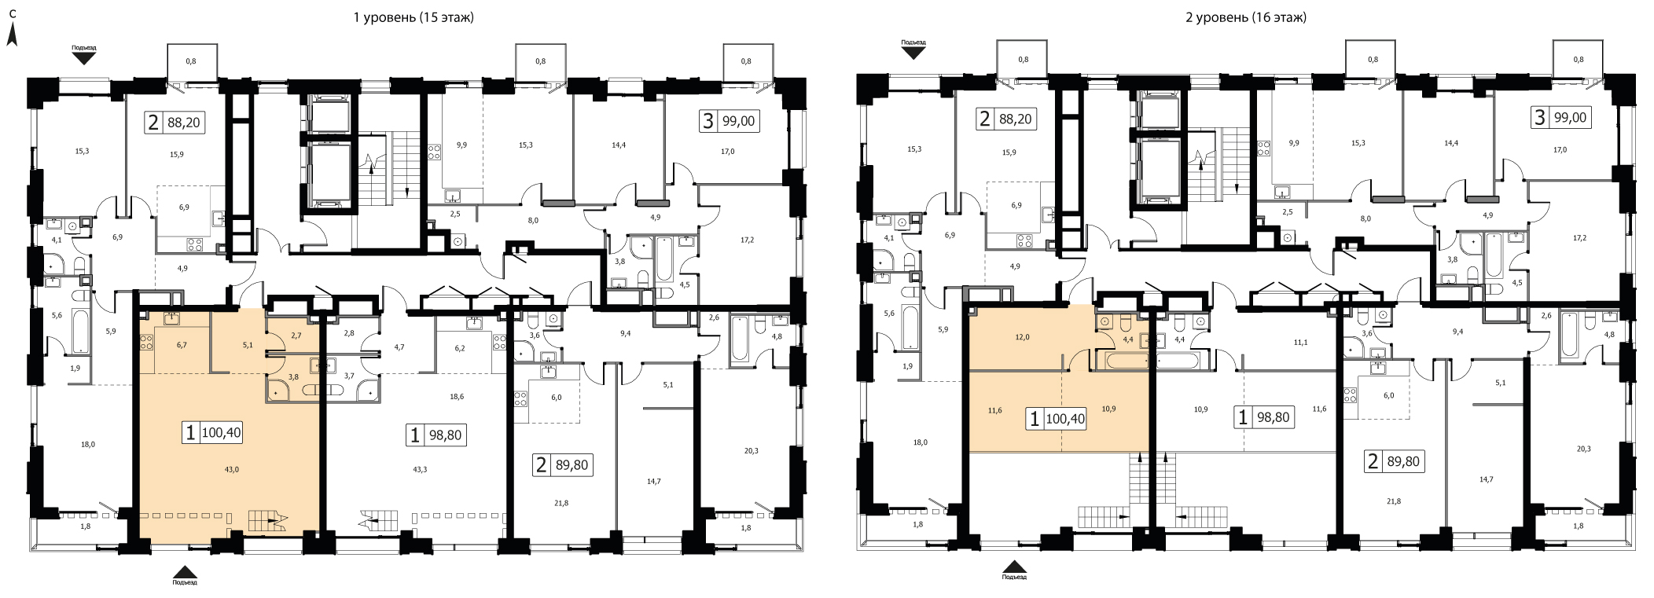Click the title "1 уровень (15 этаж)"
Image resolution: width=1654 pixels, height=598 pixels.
[x=413, y=17]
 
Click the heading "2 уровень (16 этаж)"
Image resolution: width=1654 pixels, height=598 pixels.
[x=1246, y=17]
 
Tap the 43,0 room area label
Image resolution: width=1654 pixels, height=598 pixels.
[x=230, y=469]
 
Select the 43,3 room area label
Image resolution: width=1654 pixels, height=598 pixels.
[x=419, y=469]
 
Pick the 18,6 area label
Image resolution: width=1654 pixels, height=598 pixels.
[x=457, y=397]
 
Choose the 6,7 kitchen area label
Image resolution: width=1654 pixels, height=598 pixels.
[x=182, y=344]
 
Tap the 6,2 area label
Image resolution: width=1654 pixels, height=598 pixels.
[x=460, y=348]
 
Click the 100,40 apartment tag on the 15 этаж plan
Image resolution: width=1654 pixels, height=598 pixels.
[x=212, y=431]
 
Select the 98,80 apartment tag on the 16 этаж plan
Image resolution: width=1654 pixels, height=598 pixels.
[x=1264, y=417]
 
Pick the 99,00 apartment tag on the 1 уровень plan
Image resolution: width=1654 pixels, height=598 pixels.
[x=729, y=121]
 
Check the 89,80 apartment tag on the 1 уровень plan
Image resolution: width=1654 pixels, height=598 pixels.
[x=561, y=464]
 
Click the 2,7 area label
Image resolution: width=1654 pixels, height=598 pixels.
[x=296, y=336]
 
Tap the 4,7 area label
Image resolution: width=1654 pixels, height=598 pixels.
[x=399, y=347]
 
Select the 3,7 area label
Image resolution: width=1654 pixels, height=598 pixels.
[x=350, y=376]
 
